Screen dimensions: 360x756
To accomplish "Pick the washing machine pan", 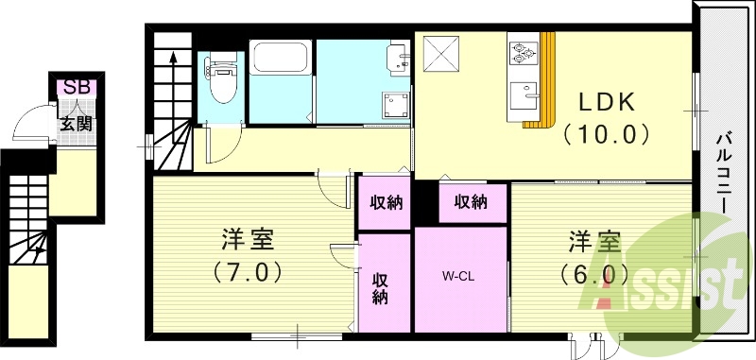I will click(x=395, y=107).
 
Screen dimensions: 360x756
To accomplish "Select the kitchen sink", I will click(x=524, y=97).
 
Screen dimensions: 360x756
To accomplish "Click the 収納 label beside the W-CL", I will click(x=382, y=288).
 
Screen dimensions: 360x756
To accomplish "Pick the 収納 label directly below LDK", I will click(x=470, y=201).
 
